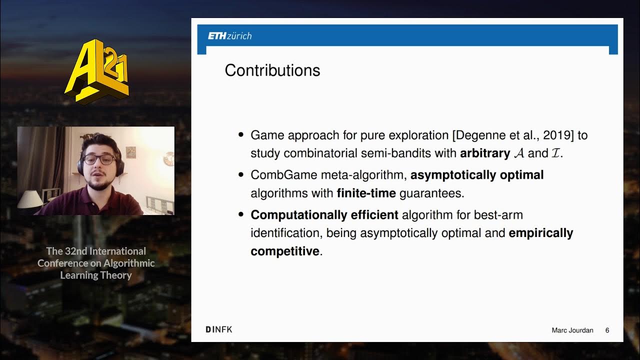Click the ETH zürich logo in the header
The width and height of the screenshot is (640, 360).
coord(229,36)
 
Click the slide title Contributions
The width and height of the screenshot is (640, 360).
coord(272,70)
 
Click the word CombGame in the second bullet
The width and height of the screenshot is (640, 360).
coord(276,175)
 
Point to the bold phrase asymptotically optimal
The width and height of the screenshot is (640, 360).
coord(476,175)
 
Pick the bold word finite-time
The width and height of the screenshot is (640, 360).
coord(366,193)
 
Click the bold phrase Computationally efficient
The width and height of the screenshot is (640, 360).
coord(324,215)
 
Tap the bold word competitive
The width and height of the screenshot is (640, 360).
coord(284,251)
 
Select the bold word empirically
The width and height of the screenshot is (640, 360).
coord(540,233)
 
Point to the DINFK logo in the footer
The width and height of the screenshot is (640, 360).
coord(219,329)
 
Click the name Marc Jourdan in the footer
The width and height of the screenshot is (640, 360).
coord(572,330)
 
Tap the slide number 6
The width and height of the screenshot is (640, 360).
coord(607,330)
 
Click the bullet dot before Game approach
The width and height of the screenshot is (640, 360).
coord(241,135)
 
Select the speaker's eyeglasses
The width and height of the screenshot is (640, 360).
coord(99,159)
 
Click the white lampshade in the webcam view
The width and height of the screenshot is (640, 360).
coord(30,199)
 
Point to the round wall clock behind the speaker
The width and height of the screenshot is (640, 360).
coord(168,158)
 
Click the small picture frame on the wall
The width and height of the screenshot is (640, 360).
coord(131,152)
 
